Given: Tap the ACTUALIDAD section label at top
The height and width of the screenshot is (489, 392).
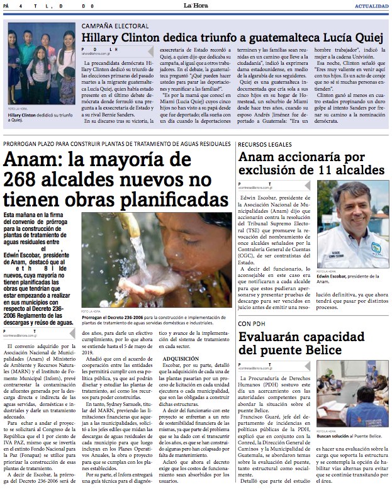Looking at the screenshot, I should point(371,6).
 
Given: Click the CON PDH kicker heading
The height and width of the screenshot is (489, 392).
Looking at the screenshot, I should point(252,324).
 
